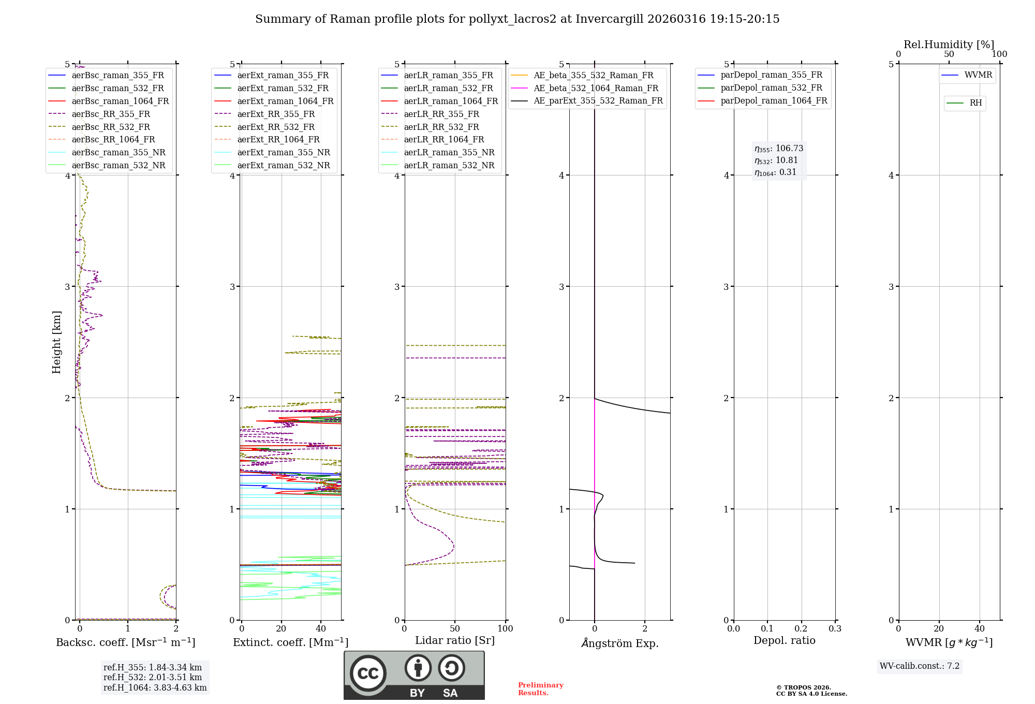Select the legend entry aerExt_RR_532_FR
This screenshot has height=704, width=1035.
(x=276, y=127)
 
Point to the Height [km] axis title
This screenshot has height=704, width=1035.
(x=56, y=342)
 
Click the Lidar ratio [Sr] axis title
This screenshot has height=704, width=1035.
(x=455, y=641)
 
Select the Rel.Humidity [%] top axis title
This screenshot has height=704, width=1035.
(x=949, y=45)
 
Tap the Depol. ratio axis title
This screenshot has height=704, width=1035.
(x=784, y=641)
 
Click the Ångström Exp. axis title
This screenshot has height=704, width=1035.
(x=620, y=643)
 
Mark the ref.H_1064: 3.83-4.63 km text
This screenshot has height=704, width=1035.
(x=155, y=688)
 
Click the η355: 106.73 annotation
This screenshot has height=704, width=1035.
(x=779, y=149)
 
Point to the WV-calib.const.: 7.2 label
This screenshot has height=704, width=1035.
(x=920, y=666)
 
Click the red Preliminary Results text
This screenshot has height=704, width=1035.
(x=540, y=689)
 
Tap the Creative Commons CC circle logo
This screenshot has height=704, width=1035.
(x=368, y=673)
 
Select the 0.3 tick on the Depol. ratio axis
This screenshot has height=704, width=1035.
(x=835, y=629)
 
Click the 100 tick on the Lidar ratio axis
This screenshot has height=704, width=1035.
(x=505, y=629)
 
